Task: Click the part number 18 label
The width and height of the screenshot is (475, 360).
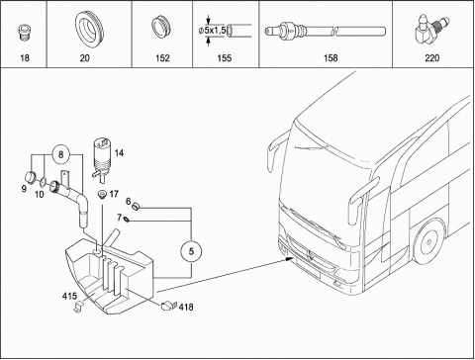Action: click(25, 58)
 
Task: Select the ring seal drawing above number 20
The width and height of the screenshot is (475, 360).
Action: click(89, 30)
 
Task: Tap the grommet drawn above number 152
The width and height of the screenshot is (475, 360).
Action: click(161, 26)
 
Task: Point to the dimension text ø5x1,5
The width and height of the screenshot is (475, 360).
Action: click(212, 31)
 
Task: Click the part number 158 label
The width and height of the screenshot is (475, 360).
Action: click(331, 58)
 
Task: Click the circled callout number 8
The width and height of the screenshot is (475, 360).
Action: click(60, 154)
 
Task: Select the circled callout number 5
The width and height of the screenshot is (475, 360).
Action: click(191, 251)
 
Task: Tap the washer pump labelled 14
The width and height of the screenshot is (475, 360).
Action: click(102, 159)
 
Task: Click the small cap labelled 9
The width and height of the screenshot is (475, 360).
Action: click(31, 177)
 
